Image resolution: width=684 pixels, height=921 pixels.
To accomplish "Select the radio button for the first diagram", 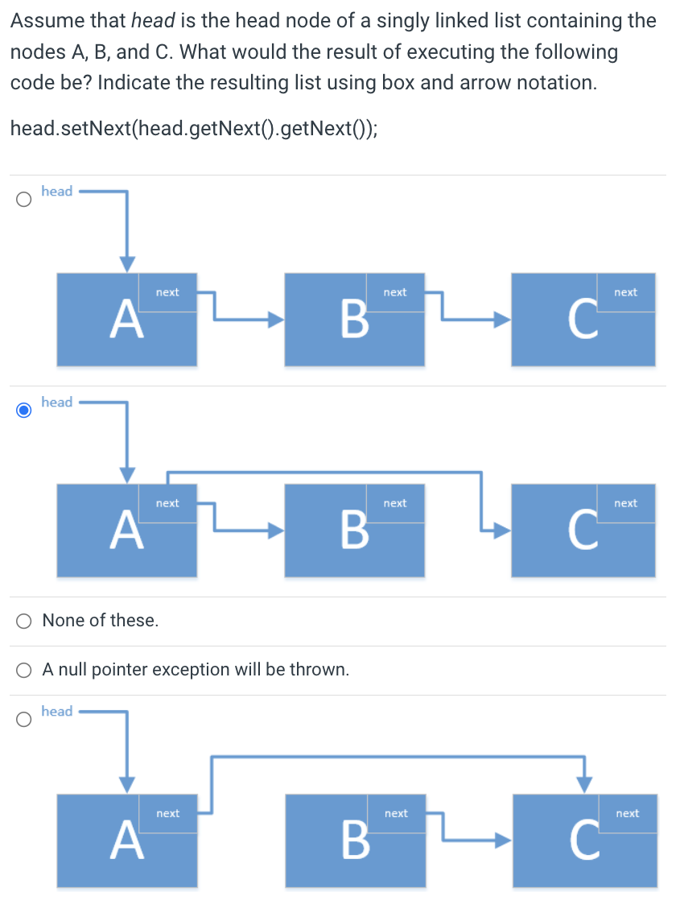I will coord(25,199).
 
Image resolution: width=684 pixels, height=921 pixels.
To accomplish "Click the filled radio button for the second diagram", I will coord(25,410).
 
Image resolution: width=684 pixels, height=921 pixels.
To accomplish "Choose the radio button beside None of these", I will coord(25,621).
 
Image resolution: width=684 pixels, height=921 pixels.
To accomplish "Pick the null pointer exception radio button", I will coord(25,670).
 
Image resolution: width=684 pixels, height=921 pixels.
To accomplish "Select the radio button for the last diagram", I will coord(25,719).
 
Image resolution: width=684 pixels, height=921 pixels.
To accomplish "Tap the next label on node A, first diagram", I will coord(167,292).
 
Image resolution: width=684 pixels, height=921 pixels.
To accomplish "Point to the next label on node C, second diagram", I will coord(625,503).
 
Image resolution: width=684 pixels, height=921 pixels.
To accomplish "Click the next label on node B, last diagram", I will coord(396,814).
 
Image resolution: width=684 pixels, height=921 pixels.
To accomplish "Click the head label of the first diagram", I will coord(57,191).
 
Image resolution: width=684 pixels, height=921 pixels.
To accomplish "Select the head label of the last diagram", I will coord(57,711).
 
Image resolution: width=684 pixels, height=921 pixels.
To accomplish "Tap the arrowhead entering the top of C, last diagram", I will coord(585,783).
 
